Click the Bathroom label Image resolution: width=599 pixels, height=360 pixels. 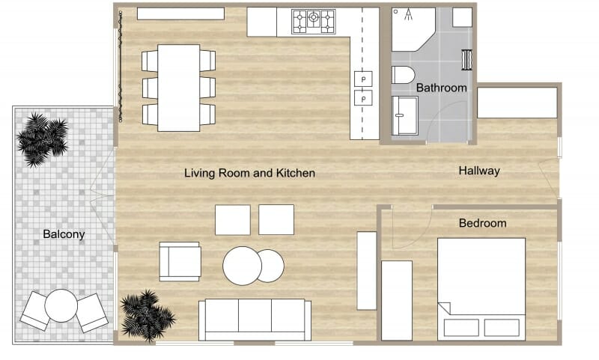(x=441, y=88)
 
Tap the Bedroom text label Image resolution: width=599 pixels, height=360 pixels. (x=482, y=223)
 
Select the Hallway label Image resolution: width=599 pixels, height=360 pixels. (x=478, y=171)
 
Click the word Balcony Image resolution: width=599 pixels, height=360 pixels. (x=64, y=234)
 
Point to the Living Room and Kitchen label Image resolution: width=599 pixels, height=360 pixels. (x=249, y=173)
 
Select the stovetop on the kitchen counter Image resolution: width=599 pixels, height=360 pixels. (x=314, y=21)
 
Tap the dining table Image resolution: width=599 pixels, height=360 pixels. (x=178, y=87)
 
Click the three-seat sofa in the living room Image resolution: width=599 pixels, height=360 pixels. (x=255, y=319)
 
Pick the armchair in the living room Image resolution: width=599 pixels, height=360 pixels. (x=180, y=261)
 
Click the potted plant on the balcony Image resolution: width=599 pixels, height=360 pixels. (x=42, y=138)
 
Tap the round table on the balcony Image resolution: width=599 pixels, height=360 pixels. (x=61, y=305)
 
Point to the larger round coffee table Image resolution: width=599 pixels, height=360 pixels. (x=242, y=266)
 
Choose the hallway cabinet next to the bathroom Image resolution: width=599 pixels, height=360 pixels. (x=517, y=103)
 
